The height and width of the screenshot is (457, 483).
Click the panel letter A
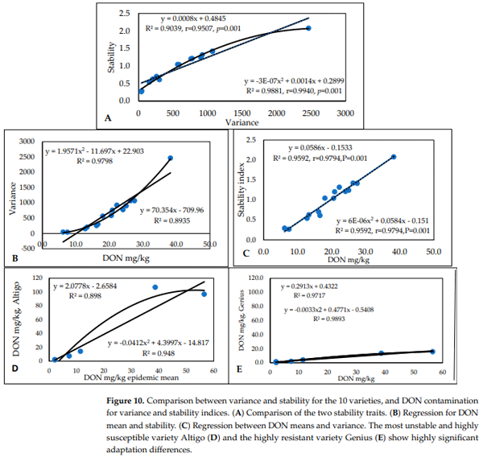pos(107,117)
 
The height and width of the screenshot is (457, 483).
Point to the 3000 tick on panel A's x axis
pos(345,113)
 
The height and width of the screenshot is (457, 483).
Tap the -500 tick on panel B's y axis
pos(28,249)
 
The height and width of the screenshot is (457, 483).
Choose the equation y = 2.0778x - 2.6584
pos(91,286)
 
